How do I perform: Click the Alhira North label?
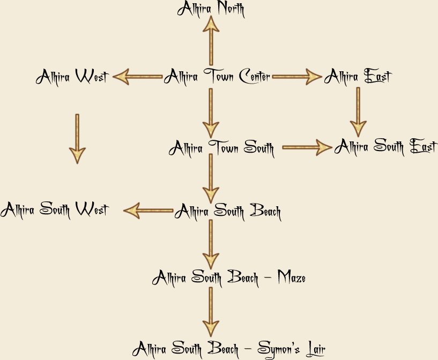tap(211, 9)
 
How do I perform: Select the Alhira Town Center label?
tap(217, 77)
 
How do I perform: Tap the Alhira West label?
tap(72, 77)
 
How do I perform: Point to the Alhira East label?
tap(358, 77)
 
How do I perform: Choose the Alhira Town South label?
tap(221, 147)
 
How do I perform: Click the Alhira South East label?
tap(385, 146)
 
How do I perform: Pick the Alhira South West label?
tap(54, 209)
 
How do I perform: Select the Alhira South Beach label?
tap(227, 211)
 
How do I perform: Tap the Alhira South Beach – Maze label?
tap(229, 277)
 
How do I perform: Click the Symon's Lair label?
tap(229, 349)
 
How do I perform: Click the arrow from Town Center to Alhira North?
tap(211, 40)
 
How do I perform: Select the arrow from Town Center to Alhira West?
tap(137, 77)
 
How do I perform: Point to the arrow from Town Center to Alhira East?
tap(297, 77)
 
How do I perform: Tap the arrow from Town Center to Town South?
tap(211, 112)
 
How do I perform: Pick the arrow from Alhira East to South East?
tap(358, 111)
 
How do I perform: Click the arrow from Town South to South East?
tap(307, 147)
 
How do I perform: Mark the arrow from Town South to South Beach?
tap(211, 178)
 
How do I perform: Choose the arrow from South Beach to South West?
tap(149, 211)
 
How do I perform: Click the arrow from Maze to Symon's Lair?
tap(211, 311)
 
